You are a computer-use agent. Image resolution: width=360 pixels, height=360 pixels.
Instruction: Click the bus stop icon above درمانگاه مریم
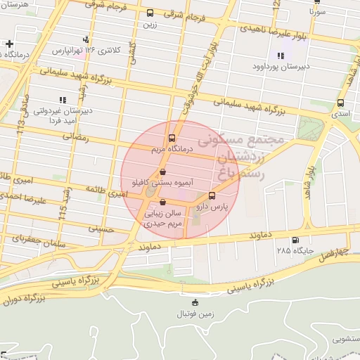coord(172,139)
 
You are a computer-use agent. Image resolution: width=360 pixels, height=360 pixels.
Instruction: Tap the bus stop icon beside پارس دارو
coord(213,196)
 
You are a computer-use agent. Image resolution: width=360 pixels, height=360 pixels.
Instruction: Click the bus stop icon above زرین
coord(150,13)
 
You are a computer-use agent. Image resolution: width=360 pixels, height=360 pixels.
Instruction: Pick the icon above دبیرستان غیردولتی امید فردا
coord(62,101)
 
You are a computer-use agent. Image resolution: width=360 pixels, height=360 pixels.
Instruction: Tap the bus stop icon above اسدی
coord(341,103)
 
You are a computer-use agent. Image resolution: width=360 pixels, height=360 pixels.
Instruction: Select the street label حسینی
coord(101,229)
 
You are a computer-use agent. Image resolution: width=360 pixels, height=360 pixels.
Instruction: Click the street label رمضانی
coord(77,138)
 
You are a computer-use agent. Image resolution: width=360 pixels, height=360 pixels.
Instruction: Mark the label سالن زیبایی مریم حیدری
coord(164,217)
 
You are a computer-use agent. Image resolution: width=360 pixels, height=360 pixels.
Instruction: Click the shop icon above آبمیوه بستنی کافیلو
coord(163,171)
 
